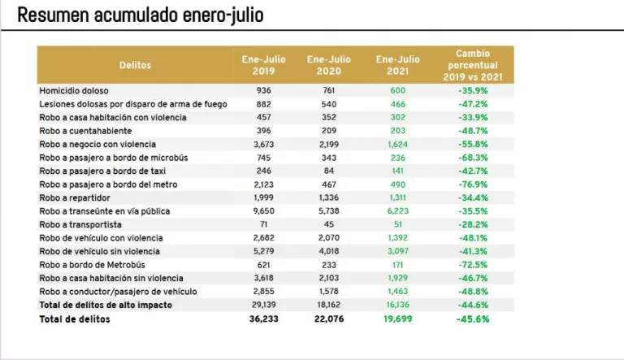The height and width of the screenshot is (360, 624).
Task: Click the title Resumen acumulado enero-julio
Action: pos(141,15)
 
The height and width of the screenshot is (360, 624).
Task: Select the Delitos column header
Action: pos(135,65)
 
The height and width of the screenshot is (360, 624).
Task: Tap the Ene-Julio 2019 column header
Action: pos(263,65)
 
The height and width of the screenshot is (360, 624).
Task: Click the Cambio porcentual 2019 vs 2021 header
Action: pos(472,65)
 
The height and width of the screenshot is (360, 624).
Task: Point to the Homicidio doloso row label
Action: pos(74,91)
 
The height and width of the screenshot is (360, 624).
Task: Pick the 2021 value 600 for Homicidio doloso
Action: pos(397,91)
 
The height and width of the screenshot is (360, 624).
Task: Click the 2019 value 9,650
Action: pos(263,211)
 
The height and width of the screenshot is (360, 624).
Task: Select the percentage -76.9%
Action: pos(472,184)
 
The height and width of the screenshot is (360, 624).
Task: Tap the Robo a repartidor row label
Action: pos(74,198)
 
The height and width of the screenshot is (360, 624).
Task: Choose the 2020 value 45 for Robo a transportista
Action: pos(328,224)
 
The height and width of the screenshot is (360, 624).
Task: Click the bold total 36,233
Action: pos(263,319)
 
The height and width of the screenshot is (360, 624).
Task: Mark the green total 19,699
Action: pos(397,319)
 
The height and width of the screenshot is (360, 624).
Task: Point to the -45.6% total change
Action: pos(472,319)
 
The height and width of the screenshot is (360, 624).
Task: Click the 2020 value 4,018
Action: pos(328,251)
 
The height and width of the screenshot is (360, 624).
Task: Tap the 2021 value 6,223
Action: pos(397,211)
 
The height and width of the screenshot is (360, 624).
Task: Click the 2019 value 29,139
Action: pos(263,305)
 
